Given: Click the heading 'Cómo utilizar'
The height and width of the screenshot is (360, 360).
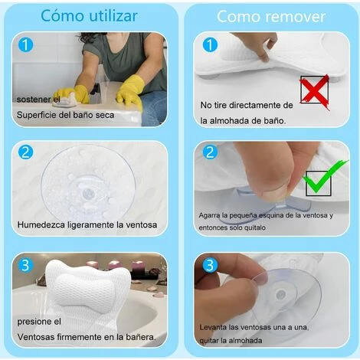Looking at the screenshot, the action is (x=89, y=16).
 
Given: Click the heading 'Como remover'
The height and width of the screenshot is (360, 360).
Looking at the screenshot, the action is (x=271, y=17).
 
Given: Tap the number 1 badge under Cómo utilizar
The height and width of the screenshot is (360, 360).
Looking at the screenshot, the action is (x=26, y=45).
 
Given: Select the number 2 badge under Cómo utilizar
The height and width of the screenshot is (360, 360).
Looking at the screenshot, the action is (x=26, y=152).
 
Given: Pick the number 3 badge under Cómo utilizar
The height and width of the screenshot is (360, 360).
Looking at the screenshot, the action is (x=25, y=265).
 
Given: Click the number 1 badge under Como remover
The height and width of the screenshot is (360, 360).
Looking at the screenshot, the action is (x=210, y=44).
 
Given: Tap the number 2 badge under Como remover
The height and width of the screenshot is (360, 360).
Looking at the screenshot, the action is (x=210, y=152).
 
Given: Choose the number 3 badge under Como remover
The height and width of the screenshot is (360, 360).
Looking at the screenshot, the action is (x=210, y=265).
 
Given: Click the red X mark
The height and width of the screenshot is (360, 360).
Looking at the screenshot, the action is (x=315, y=92).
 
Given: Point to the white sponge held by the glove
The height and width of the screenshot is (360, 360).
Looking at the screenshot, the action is (x=66, y=100).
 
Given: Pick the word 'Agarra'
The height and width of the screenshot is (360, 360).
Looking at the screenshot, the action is (x=207, y=216).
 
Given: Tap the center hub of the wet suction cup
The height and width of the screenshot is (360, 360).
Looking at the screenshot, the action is (x=89, y=194).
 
